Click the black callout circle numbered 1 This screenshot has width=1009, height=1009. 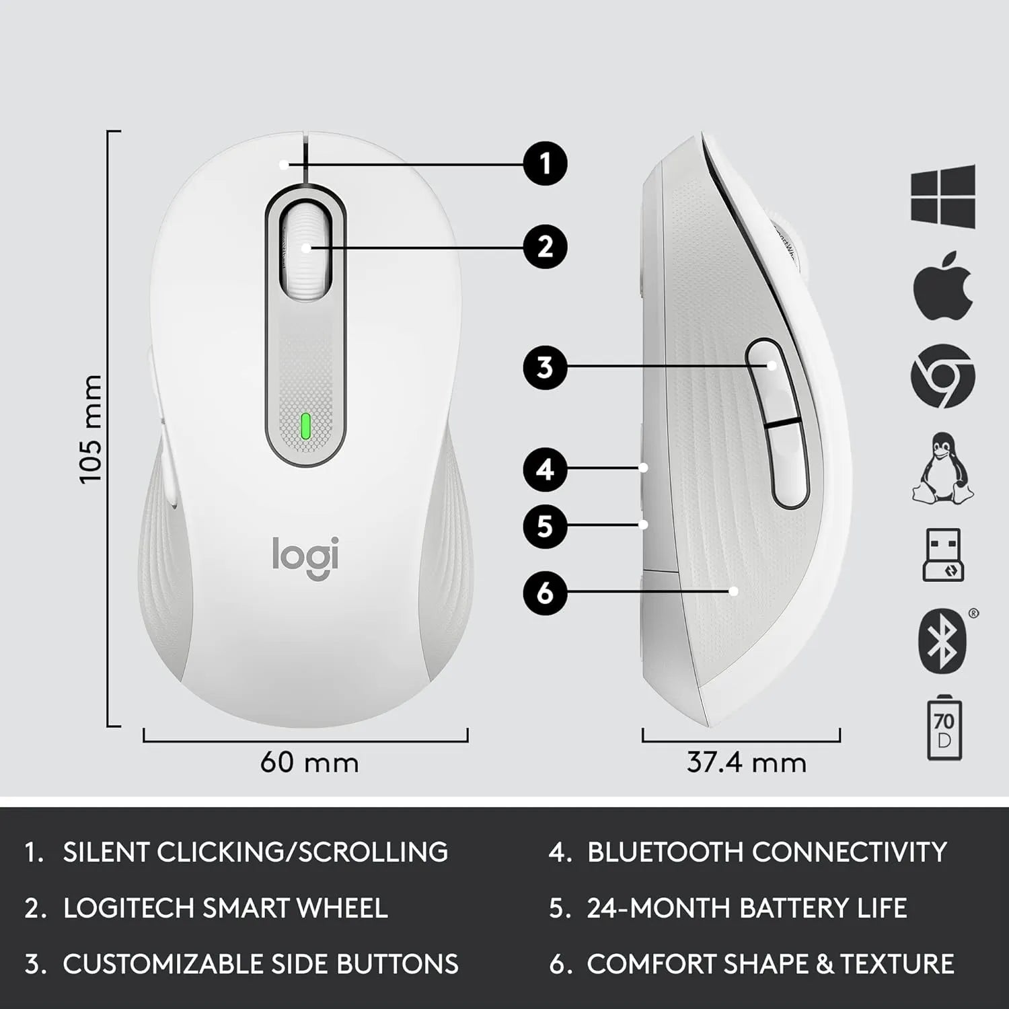point(545,163)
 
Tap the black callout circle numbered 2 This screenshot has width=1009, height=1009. point(545,247)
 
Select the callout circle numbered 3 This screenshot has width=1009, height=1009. point(545,368)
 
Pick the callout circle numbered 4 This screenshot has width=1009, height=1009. point(545,469)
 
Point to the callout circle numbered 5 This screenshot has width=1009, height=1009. point(545,525)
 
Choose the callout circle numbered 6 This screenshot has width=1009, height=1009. point(545,593)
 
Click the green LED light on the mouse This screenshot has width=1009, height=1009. point(305,426)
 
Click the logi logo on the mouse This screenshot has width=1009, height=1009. point(305,557)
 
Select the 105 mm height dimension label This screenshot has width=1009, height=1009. point(90,429)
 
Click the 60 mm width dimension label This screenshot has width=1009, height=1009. point(309,763)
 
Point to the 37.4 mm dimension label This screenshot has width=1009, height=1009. point(746,763)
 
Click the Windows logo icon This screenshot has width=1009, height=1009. point(943,195)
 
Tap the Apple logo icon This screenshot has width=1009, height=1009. point(943,285)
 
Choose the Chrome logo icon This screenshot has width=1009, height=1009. point(943,375)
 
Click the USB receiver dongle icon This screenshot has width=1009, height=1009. point(943,555)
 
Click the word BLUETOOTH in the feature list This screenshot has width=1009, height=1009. point(665,852)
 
